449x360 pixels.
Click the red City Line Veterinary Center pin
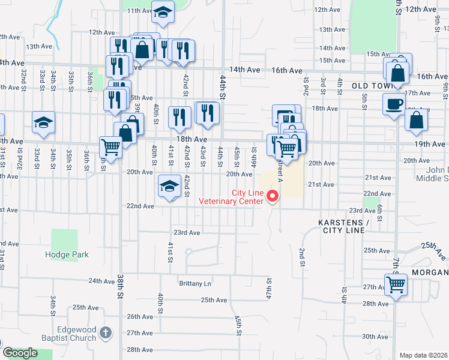(273, 196)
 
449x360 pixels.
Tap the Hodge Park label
(67, 254)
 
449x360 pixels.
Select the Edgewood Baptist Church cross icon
(105, 332)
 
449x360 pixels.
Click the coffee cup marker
(394, 104)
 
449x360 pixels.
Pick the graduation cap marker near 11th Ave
(161, 11)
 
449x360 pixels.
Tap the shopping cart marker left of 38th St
(110, 146)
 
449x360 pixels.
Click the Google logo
(20, 353)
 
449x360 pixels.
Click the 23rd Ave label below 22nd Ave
(186, 232)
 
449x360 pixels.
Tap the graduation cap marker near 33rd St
(44, 123)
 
